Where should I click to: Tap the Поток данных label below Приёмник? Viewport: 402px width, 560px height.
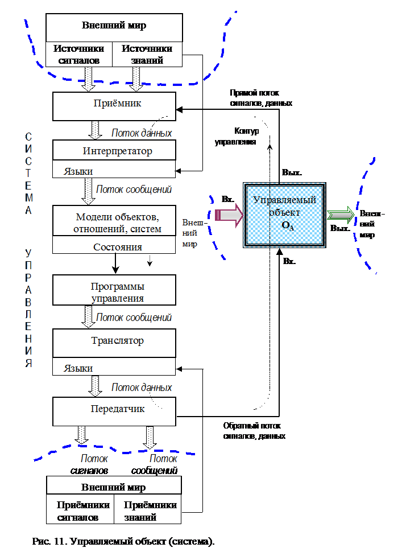(x=142, y=133)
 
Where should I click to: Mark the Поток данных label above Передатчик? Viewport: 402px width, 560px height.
(x=142, y=388)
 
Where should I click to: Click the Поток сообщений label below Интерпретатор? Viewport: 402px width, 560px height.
(x=134, y=190)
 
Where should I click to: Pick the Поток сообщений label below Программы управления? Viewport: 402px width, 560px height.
(x=134, y=318)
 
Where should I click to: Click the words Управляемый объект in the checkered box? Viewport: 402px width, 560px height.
(x=284, y=205)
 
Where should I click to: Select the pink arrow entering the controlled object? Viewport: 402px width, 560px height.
(x=229, y=215)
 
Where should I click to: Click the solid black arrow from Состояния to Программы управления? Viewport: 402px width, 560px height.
(x=115, y=263)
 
